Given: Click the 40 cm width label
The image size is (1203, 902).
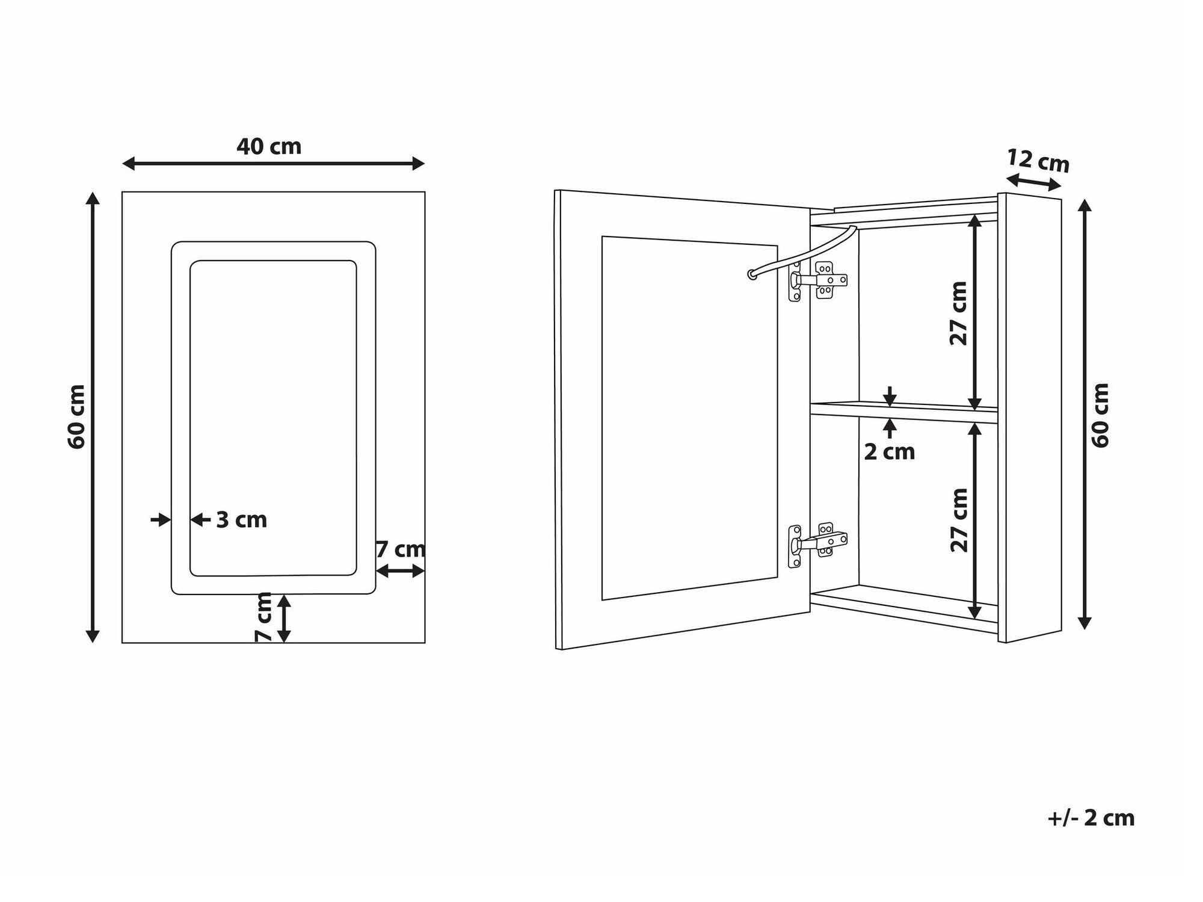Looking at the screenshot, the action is [269, 146].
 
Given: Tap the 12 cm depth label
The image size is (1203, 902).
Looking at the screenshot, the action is [1038, 161].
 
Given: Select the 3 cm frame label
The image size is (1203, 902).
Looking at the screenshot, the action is [241, 520].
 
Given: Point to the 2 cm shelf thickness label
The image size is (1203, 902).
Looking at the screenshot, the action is [890, 452].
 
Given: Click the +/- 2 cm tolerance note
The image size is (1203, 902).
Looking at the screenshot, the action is [1091, 818].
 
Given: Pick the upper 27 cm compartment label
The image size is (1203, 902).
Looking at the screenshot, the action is [959, 314].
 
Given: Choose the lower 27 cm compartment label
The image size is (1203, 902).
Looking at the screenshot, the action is [959, 520].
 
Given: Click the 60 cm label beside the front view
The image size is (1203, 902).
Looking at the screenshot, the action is [76, 417].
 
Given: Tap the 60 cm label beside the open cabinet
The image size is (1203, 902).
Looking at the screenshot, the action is [1100, 415].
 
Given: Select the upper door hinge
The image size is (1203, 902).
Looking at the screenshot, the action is [818, 280].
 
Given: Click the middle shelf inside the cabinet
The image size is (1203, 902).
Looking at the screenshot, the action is [904, 413].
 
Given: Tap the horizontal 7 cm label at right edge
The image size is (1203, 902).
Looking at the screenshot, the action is [401, 549].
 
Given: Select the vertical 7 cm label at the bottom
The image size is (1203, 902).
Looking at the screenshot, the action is [264, 617].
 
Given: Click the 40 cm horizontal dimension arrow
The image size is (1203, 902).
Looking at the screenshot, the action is [274, 163].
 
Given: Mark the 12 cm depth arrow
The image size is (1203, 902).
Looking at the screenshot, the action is [1033, 182].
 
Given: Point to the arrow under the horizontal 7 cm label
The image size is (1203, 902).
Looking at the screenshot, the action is [401, 571].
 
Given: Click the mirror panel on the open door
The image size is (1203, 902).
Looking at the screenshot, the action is [690, 418].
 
